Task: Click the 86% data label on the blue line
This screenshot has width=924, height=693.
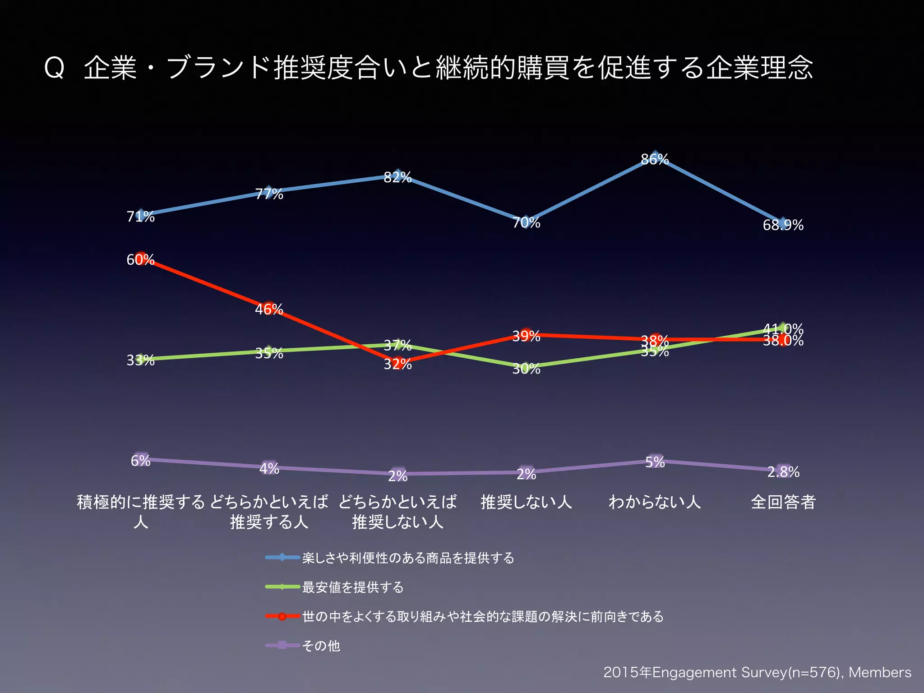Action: pos(655,159)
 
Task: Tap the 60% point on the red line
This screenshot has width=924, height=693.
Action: pos(141,259)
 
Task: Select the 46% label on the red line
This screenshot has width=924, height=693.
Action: pos(269,310)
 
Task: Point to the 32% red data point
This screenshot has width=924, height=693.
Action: pos(397,362)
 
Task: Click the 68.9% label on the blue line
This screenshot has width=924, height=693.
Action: pos(783,225)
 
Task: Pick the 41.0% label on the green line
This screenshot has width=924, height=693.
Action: pos(783,328)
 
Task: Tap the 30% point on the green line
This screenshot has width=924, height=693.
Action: pos(526,367)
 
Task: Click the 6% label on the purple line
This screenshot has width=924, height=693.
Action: pos(140,461)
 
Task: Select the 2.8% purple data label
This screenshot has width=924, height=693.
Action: pos(783,472)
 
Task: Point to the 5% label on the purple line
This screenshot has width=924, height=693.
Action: pos(655,462)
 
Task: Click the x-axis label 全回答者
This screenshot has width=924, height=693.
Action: pos(783,502)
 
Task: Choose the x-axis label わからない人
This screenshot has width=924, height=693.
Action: pos(655,502)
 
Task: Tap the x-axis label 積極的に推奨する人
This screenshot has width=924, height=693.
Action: pos(141,512)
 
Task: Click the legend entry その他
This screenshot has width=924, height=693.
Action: pos(321,646)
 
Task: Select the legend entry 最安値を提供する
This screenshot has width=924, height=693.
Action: pos(353,587)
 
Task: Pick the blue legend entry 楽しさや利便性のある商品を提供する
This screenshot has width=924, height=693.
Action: pos(408,558)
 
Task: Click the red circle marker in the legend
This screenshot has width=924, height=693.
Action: pos(282,616)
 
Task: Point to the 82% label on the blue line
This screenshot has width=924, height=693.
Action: pos(397,177)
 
